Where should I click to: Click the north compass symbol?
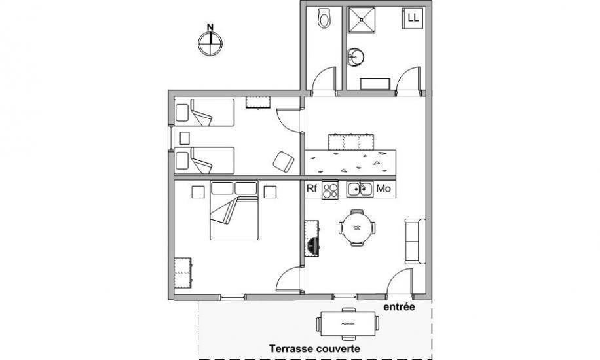210,43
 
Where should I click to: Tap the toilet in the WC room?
324,18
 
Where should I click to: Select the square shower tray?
361,20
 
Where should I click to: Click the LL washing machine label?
413,18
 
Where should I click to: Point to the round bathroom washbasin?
356,58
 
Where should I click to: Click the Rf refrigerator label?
312,189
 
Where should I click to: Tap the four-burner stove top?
330,190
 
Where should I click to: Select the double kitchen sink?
360,189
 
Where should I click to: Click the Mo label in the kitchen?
384,189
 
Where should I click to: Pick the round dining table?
356,228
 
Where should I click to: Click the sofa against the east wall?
415,242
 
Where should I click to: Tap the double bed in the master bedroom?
234,211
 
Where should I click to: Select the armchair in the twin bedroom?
284,162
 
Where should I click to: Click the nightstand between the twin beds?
185,137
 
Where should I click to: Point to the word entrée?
399,307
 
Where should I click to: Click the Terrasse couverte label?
314,348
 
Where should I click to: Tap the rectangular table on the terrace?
347,323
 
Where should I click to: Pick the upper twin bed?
204,113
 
